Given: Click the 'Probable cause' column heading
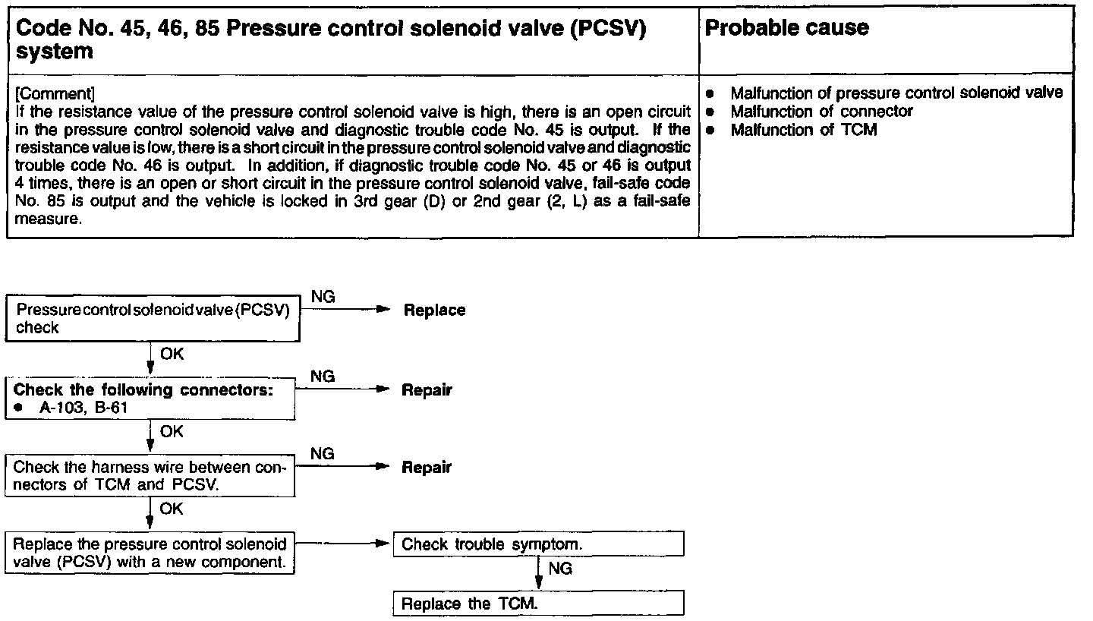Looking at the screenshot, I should [x=787, y=28].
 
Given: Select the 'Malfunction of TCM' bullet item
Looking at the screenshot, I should [x=803, y=131].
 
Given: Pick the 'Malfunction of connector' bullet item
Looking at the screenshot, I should [x=821, y=112].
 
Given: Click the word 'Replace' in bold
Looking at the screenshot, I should [x=434, y=310].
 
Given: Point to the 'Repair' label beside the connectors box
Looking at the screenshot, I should [x=427, y=390].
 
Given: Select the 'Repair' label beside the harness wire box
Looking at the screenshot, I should [x=427, y=468].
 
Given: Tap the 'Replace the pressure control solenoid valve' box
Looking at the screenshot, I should [x=150, y=553].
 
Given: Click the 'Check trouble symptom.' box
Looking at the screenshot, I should [x=538, y=544].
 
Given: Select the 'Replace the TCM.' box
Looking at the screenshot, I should [x=538, y=604].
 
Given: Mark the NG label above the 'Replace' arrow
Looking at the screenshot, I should [x=323, y=298].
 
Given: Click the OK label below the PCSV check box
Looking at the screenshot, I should [x=172, y=354].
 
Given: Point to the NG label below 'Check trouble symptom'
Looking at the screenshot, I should [x=559, y=568].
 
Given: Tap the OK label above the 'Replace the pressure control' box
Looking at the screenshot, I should [x=172, y=509].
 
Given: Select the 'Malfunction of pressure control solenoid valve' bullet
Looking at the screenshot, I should [x=896, y=93].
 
